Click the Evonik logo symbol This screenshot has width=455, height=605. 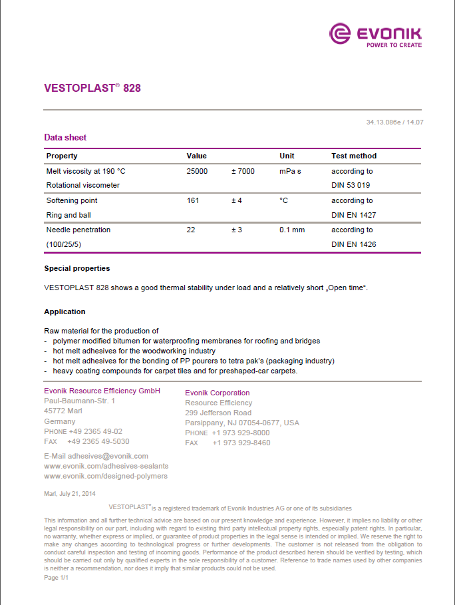click(x=340, y=34)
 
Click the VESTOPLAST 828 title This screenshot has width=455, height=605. click(x=92, y=88)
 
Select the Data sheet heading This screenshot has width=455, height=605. click(x=65, y=138)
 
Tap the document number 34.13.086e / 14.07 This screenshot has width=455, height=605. click(x=394, y=122)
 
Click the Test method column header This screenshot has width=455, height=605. click(x=354, y=156)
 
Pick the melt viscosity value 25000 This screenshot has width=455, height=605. click(x=198, y=171)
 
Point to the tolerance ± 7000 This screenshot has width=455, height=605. click(x=243, y=171)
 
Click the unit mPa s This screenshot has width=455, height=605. click(x=290, y=171)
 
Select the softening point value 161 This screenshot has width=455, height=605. click(x=194, y=200)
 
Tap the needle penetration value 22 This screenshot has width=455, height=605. click(x=191, y=230)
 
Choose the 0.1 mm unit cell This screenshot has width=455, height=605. click(x=292, y=230)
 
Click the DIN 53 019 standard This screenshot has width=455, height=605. click(x=351, y=185)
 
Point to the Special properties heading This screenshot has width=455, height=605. click(x=77, y=268)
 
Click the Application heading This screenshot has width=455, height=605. click(x=65, y=311)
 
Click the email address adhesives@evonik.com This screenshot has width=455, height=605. click(x=96, y=456)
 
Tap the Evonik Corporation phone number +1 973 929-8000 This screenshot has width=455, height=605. click(x=241, y=433)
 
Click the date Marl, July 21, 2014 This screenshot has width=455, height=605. click(x=70, y=493)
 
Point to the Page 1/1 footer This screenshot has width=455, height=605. click(x=57, y=578)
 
